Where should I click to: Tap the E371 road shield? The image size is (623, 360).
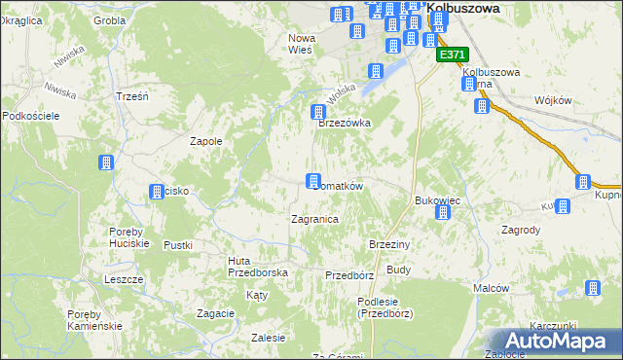453,55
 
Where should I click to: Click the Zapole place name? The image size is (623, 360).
206,141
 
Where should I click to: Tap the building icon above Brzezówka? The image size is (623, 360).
317,112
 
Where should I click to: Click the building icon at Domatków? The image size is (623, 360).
313,181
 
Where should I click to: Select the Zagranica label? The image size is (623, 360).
314,219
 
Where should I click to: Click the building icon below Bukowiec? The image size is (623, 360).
443,211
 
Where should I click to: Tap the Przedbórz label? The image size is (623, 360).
349,275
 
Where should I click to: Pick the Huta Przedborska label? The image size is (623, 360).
257,267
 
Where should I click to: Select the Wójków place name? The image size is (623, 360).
553,100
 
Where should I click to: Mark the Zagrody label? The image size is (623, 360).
521,231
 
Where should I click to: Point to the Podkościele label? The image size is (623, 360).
31,116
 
